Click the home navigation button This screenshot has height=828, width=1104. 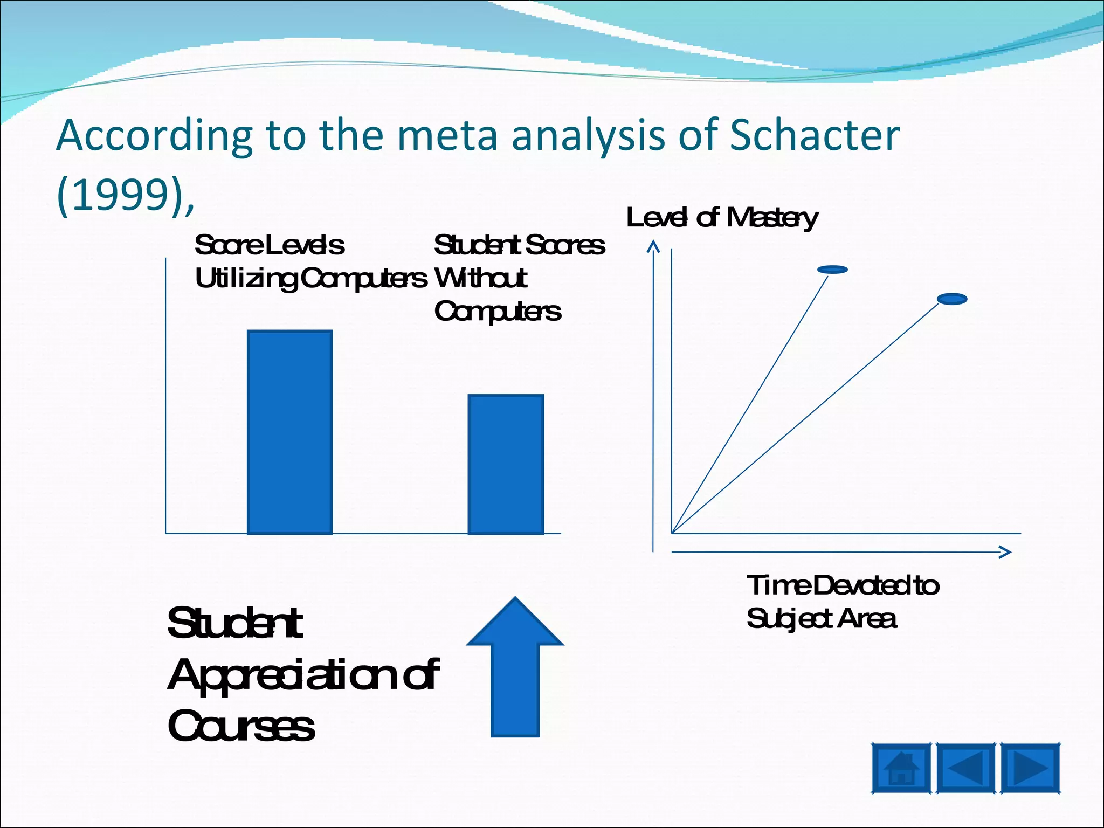(x=901, y=768)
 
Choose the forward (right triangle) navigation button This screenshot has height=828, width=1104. (x=1030, y=768)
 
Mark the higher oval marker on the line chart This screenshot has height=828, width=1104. (x=832, y=270)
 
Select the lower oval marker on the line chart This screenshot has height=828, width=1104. (x=952, y=299)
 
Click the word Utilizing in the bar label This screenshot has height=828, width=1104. (x=245, y=279)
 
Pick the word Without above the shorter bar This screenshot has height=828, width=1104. (x=480, y=279)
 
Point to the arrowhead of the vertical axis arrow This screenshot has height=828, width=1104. (x=653, y=247)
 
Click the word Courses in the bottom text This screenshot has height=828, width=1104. (x=240, y=726)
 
